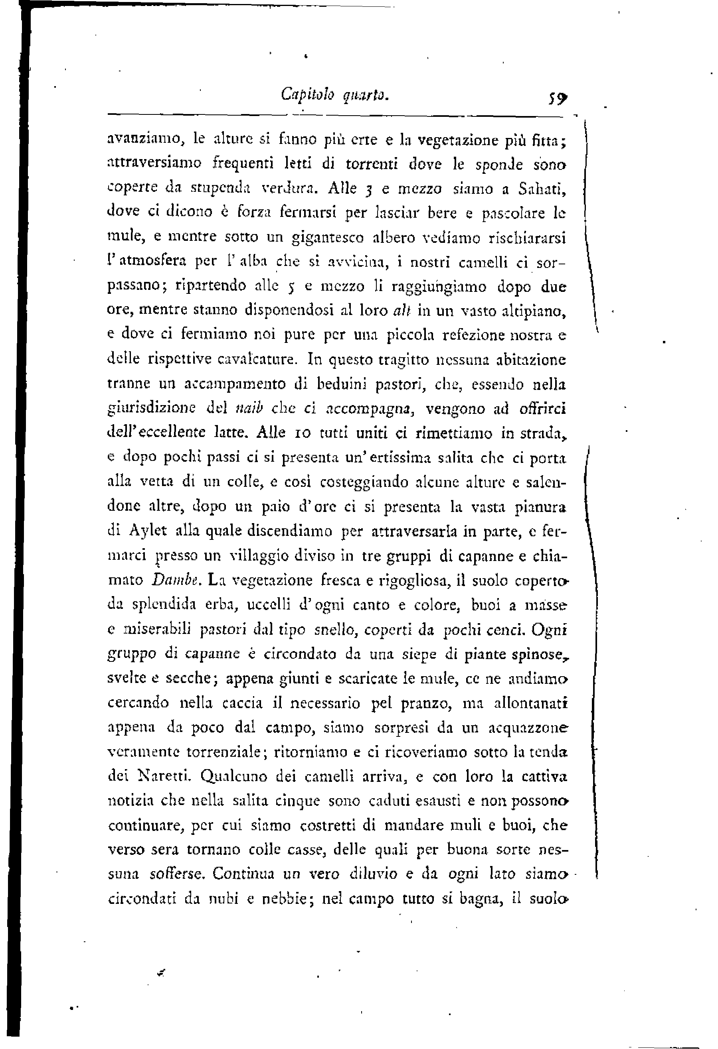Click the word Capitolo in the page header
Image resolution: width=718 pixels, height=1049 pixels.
click(307, 95)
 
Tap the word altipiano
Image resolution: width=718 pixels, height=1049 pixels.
click(534, 311)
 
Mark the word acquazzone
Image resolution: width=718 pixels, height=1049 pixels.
click(528, 728)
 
